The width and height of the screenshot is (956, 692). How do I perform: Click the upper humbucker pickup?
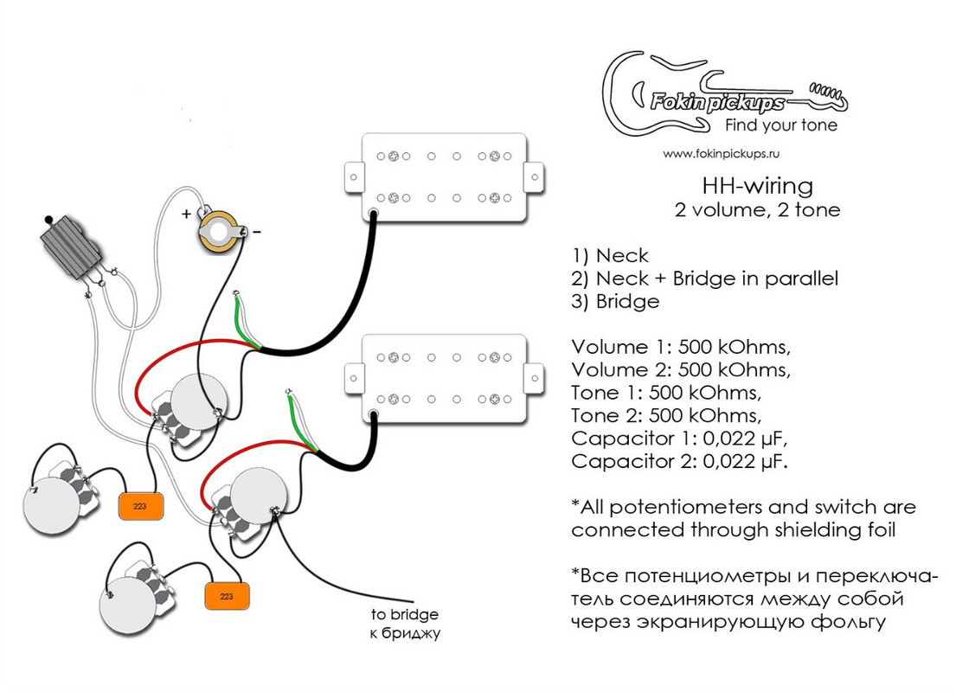[444, 177]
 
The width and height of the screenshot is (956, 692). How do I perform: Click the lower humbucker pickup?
[444, 378]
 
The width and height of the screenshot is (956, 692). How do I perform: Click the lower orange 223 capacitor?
[227, 596]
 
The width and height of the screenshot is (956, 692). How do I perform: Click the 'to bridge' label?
[405, 615]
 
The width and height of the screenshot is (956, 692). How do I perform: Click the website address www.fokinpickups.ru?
[722, 153]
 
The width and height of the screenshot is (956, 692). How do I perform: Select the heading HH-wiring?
[757, 185]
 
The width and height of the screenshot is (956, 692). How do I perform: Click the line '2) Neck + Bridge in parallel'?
[704, 279]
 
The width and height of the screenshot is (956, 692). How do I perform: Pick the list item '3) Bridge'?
[615, 302]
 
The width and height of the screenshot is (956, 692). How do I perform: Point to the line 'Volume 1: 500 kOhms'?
[681, 347]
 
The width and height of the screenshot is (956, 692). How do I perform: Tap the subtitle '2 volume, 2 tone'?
[757, 209]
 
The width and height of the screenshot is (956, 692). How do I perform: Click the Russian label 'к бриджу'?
[405, 634]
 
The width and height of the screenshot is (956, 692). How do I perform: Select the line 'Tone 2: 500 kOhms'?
[667, 414]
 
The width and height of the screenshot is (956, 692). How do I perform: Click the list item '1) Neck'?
[610, 256]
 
